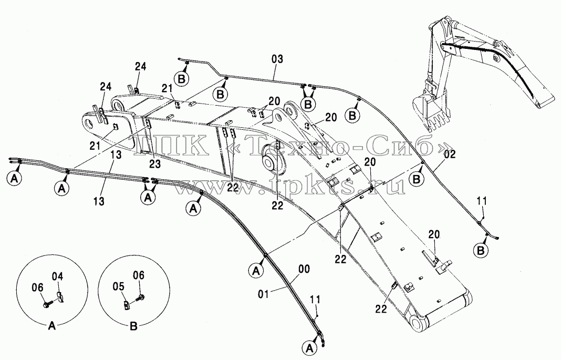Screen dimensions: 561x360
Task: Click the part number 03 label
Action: click(x=277, y=59)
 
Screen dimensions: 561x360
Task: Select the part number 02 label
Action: click(x=450, y=155)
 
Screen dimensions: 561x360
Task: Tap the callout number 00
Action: click(x=305, y=269)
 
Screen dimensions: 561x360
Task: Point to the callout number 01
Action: click(x=263, y=294)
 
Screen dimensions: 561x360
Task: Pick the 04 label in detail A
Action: click(x=58, y=276)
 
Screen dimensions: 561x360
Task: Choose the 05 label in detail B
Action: click(x=118, y=286)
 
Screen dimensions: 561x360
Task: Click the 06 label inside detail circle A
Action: click(x=38, y=287)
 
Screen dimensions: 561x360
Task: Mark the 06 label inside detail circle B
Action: click(x=139, y=275)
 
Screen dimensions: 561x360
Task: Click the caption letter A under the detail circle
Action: click(x=52, y=326)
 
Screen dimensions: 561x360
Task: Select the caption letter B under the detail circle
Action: click(x=133, y=326)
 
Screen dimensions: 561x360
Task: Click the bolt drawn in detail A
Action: click(x=49, y=303)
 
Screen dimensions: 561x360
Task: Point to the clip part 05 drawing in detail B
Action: click(x=127, y=305)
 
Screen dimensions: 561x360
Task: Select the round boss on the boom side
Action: click(x=269, y=160)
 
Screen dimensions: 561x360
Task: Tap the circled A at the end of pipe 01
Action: click(x=309, y=347)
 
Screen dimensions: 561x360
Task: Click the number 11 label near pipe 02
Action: click(x=482, y=201)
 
